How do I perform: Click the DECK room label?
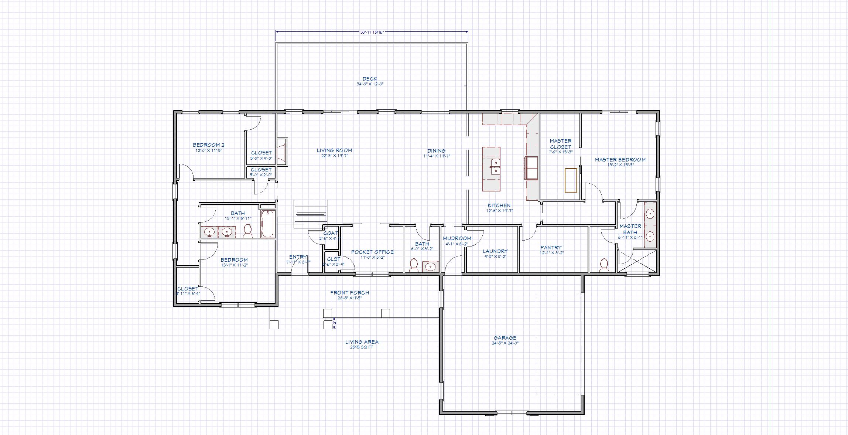(370, 79)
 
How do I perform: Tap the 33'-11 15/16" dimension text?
(372, 32)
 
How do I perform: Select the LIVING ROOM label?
(334, 150)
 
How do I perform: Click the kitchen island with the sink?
(491, 169)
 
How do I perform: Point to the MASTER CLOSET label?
(560, 144)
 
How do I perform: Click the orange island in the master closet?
(571, 180)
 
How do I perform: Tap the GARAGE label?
(505, 338)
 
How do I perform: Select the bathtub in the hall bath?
(268, 224)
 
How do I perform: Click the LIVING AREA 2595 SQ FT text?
(362, 344)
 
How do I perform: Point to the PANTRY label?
(551, 248)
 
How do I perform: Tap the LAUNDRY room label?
(495, 251)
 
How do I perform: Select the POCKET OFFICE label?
(372, 252)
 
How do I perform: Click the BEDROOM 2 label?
(208, 145)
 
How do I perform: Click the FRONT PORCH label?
(349, 293)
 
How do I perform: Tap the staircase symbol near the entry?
(311, 214)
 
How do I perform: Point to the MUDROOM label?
(457, 238)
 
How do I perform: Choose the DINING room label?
(436, 151)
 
